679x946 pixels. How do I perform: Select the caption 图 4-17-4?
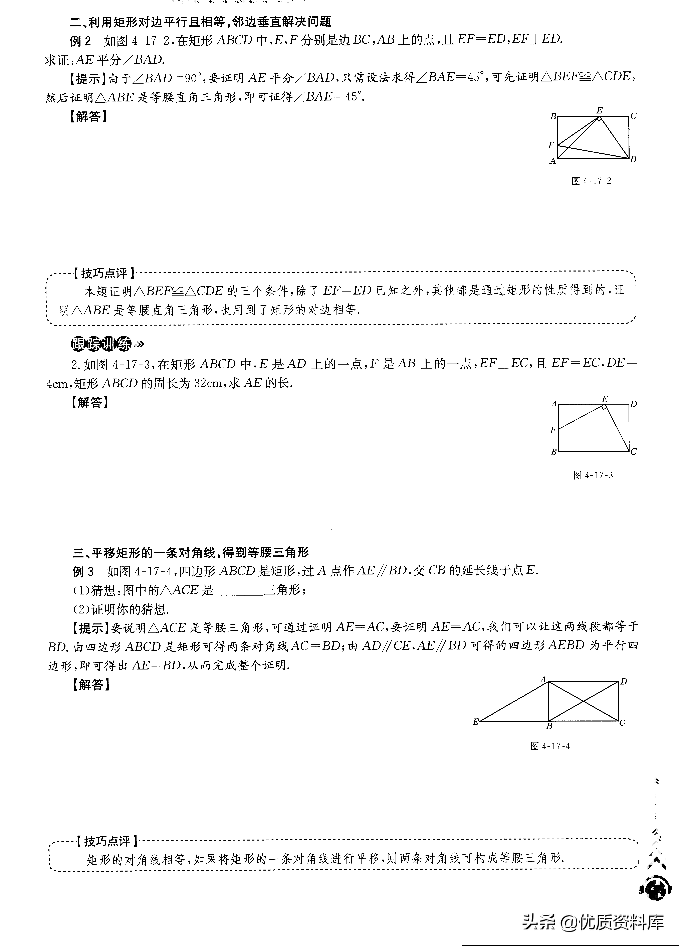pos(550,746)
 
